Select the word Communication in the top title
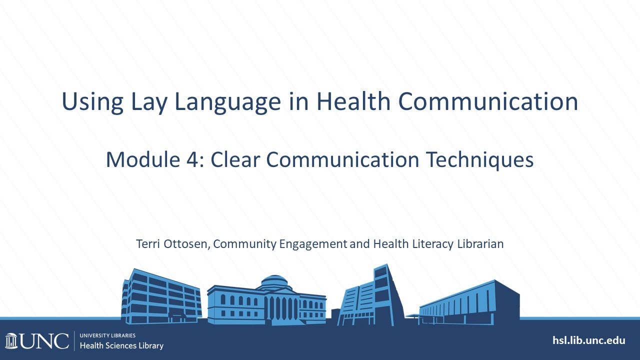[488, 102]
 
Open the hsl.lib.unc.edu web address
[588, 340]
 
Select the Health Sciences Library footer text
[121, 345]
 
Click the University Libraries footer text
[107, 335]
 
